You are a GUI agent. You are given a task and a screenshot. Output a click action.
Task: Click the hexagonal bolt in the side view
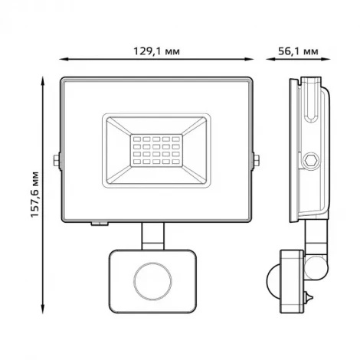pos(311,161)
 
